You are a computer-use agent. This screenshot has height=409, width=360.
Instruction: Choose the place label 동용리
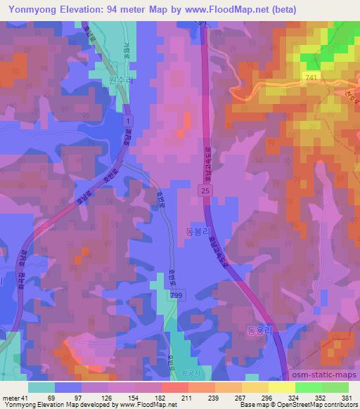tap(260, 328)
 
